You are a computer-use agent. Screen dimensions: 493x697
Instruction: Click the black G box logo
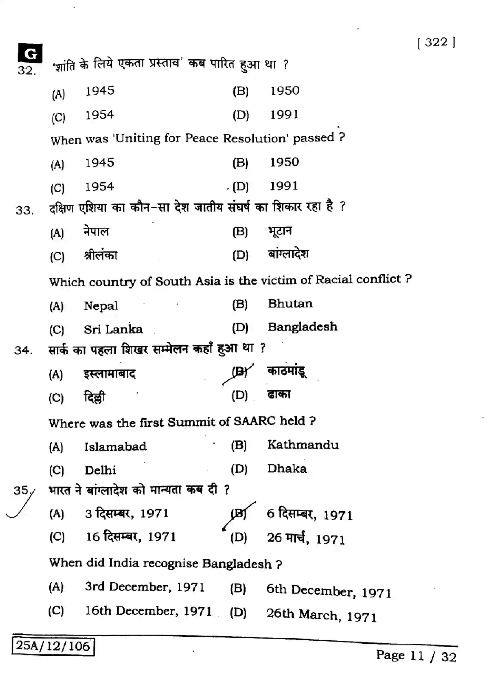pyautogui.click(x=30, y=53)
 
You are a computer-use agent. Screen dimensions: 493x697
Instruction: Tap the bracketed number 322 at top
pyautogui.click(x=436, y=43)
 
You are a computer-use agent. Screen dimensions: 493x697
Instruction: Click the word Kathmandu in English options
pyautogui.click(x=303, y=445)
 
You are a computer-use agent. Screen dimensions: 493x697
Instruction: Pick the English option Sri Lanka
pyautogui.click(x=113, y=329)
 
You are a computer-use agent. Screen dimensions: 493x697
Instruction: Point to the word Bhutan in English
pyautogui.click(x=290, y=304)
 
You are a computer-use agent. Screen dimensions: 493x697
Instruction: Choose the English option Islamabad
pyautogui.click(x=115, y=447)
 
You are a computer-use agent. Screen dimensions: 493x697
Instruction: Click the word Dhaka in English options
pyautogui.click(x=287, y=469)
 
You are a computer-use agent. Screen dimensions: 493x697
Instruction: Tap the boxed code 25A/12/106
pyautogui.click(x=53, y=646)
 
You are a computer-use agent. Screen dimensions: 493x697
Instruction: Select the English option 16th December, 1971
pyautogui.click(x=148, y=611)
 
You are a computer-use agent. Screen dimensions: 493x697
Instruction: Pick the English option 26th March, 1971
pyautogui.click(x=321, y=614)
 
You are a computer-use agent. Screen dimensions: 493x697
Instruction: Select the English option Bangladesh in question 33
pyautogui.click(x=302, y=327)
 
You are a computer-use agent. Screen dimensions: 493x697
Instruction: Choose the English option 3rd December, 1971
pyautogui.click(x=145, y=587)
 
